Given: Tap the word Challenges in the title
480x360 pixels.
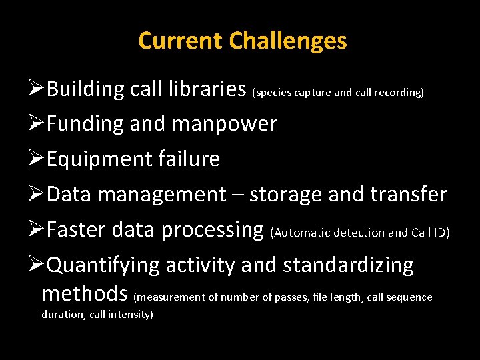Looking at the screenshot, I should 287,41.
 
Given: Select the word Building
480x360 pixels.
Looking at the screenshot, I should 86,89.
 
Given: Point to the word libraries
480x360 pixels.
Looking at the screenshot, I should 206,89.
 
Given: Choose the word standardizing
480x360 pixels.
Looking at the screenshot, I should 348,265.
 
